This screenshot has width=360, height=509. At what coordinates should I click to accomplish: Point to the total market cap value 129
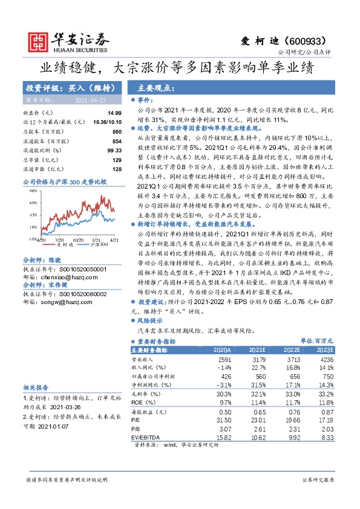pyautogui.click(x=117, y=159)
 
